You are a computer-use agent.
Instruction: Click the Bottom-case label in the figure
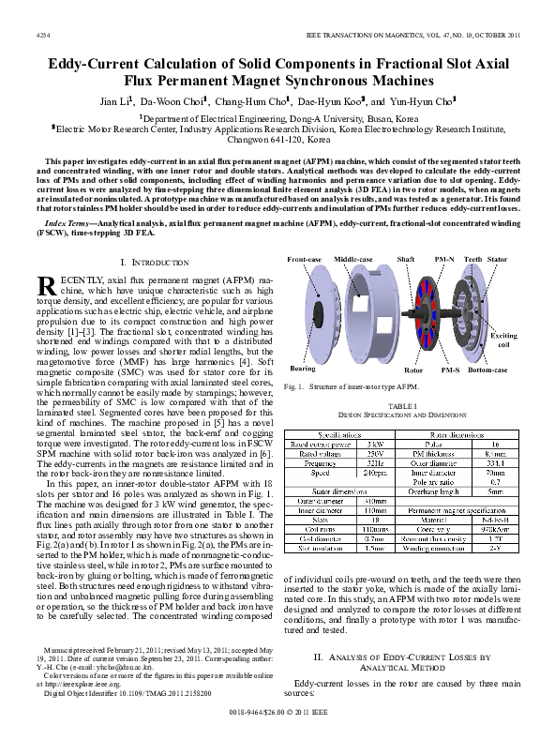coord(487,370)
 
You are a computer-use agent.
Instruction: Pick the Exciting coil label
coord(503,340)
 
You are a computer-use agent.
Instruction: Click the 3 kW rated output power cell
coord(375,443)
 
